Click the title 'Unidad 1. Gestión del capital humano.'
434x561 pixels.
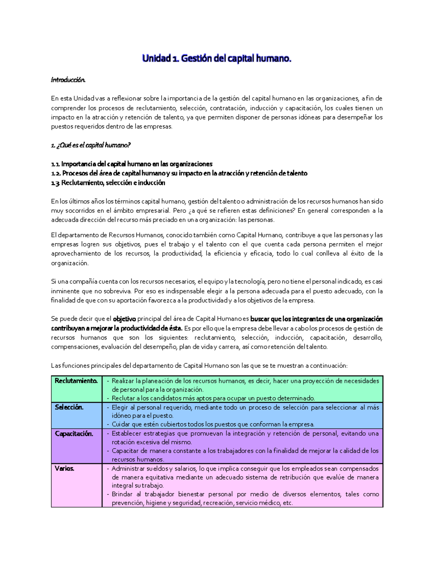[216, 58]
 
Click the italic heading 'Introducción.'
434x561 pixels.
[68, 80]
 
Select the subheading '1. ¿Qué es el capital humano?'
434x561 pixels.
[90, 145]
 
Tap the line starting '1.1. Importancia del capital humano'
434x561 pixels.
[132, 164]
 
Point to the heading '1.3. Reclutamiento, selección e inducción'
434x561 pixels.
[108, 183]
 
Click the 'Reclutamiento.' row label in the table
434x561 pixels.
[76, 381]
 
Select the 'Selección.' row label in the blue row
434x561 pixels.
[69, 407]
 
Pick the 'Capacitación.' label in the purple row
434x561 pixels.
[74, 433]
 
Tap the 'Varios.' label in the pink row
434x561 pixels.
[64, 469]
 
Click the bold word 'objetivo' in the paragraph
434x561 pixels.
[124, 319]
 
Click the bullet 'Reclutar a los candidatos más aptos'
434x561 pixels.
[213, 398]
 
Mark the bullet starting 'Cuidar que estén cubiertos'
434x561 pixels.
[213, 424]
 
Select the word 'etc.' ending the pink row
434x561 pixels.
[288, 503]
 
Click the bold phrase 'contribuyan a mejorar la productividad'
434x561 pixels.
[116, 328]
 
